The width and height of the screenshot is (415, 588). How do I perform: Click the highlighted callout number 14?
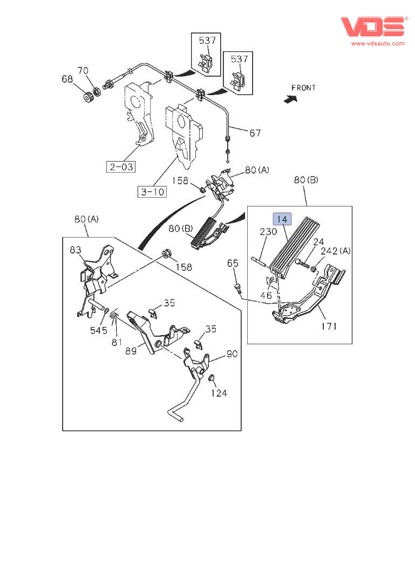tap(282, 219)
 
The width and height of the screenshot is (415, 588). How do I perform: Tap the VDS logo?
tap(373, 26)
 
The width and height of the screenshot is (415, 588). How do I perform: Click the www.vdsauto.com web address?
tap(378, 43)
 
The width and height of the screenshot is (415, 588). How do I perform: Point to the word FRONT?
tap(303, 88)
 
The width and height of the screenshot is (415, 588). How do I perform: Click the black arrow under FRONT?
tap(291, 99)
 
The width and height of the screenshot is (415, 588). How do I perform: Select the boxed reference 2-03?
tap(121, 166)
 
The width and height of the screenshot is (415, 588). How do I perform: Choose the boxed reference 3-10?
tap(152, 192)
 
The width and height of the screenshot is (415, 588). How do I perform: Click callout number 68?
tap(67, 79)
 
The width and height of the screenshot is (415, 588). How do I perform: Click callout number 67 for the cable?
tap(255, 133)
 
